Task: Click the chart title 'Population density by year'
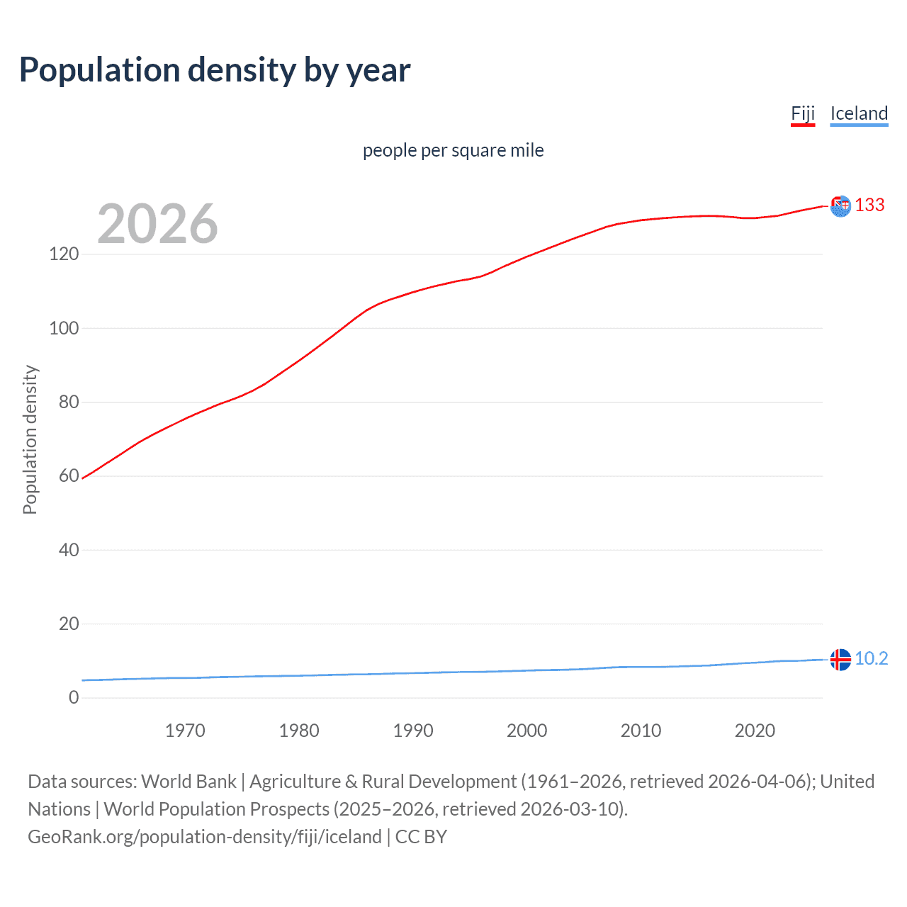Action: click(215, 70)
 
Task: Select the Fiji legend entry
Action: click(803, 113)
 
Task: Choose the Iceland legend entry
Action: click(859, 113)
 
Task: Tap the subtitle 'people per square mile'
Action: click(453, 150)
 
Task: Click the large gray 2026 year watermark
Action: click(157, 224)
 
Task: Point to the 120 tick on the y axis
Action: click(64, 254)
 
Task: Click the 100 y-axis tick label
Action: click(64, 328)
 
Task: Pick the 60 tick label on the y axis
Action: click(69, 475)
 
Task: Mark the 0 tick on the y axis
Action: click(74, 697)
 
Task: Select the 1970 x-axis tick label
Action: click(185, 731)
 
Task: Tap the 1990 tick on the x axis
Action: click(413, 731)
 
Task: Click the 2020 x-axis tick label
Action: click(755, 731)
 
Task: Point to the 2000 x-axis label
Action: click(526, 731)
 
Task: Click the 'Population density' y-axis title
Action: click(30, 439)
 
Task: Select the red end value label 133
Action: click(869, 205)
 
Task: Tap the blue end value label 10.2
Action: click(871, 658)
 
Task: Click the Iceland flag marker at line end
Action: click(840, 659)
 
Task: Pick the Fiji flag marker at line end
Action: click(840, 206)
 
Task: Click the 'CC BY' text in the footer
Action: click(421, 837)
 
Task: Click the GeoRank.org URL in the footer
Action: click(205, 837)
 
